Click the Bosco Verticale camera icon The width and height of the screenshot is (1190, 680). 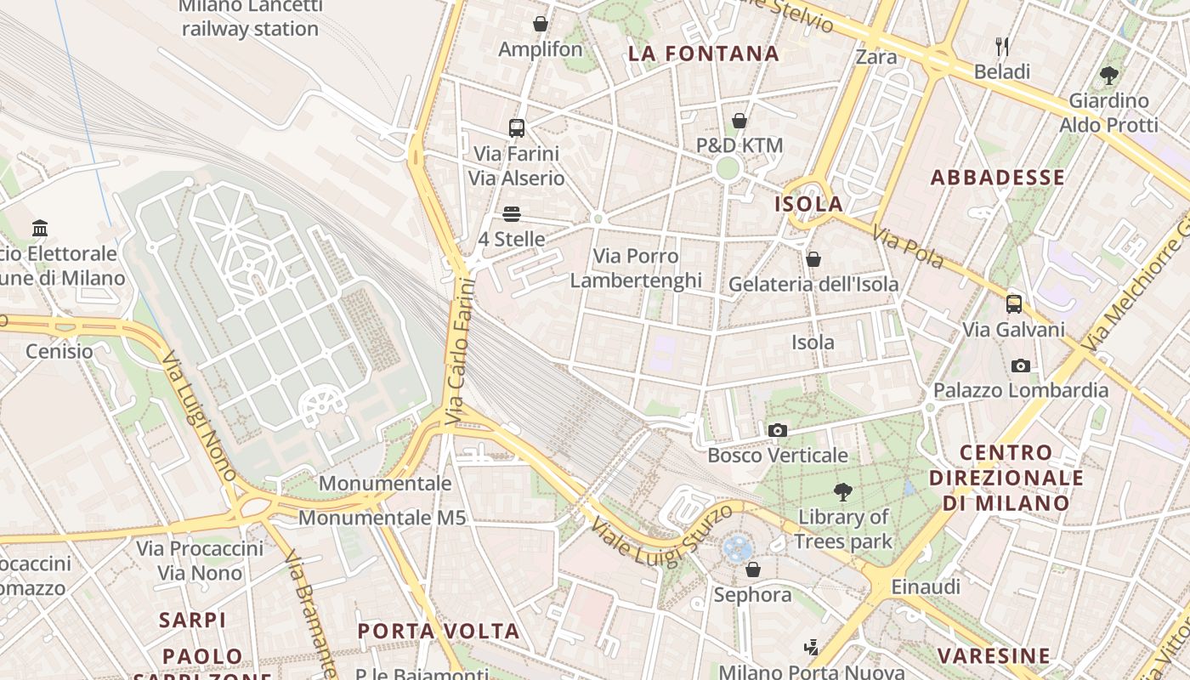[x=777, y=431]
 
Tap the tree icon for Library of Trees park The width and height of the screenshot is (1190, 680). [x=842, y=491]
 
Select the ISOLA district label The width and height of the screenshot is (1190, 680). [x=808, y=204]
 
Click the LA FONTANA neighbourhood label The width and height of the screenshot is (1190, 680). [x=704, y=54]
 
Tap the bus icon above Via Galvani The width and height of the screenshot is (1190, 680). [x=1013, y=304]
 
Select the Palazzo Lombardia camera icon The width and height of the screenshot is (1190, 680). [x=1021, y=366]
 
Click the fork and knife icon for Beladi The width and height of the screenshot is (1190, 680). [x=1002, y=46]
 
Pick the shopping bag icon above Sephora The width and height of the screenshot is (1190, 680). [x=752, y=569]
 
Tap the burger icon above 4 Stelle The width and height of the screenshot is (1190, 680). [x=511, y=214]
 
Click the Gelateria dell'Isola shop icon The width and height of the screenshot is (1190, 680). [x=813, y=259]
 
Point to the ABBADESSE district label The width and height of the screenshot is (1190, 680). [x=997, y=178]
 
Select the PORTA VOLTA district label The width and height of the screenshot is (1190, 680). [x=438, y=631]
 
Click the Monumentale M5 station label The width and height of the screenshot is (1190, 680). [x=382, y=517]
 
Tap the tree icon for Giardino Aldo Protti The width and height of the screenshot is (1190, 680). [x=1108, y=75]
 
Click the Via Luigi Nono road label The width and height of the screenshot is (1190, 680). [x=198, y=416]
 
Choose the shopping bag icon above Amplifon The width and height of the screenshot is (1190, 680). [x=540, y=24]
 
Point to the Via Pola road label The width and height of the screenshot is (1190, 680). [x=908, y=247]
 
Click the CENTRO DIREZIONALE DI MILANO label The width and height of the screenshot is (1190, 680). [x=1006, y=478]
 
